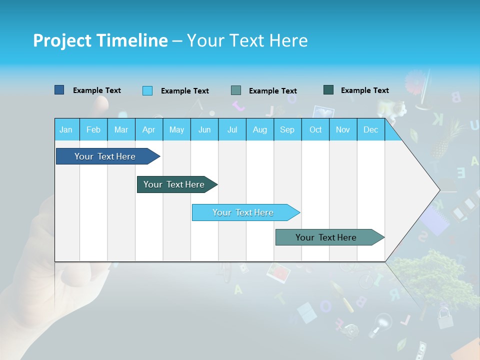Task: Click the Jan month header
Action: (66, 129)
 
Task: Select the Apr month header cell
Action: (149, 129)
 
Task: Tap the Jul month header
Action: (232, 129)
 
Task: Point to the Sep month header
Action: (287, 129)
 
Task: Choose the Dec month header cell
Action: (370, 129)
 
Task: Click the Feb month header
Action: (93, 129)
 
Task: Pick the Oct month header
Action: (315, 129)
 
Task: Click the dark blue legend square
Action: (59, 90)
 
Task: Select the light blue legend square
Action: (147, 90)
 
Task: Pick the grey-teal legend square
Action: (236, 90)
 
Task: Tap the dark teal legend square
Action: (328, 90)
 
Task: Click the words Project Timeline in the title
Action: (100, 40)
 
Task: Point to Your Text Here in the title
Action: (247, 40)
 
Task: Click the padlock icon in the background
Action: (444, 318)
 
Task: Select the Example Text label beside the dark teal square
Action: (364, 90)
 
